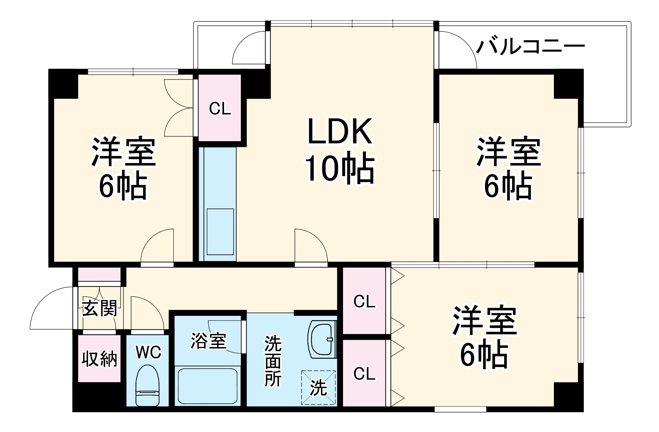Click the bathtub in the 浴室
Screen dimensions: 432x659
pyautogui.click(x=207, y=386)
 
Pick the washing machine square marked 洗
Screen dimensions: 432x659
pyautogui.click(x=318, y=387)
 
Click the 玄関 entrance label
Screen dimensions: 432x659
pyautogui.click(x=100, y=309)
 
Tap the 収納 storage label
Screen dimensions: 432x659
pyautogui.click(x=99, y=359)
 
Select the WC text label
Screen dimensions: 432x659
pyautogui.click(x=148, y=352)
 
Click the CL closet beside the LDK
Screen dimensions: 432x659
pyautogui.click(x=220, y=108)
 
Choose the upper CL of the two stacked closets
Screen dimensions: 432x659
pyautogui.click(x=364, y=301)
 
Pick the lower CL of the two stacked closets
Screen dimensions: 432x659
pyautogui.click(x=364, y=374)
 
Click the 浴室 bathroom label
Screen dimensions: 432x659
pyautogui.click(x=208, y=341)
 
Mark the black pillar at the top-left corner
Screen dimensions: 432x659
pyautogui.click(x=63, y=83)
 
